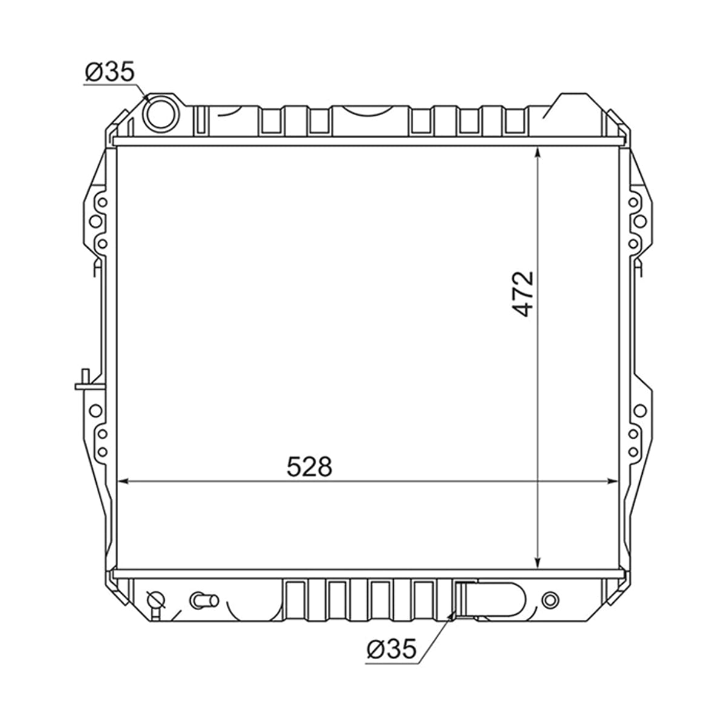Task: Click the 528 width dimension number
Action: click(310, 466)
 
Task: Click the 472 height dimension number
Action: click(523, 294)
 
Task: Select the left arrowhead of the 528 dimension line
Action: click(124, 482)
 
